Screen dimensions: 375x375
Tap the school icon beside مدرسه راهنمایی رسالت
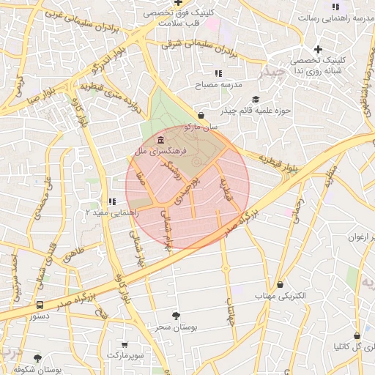[x=335, y=7]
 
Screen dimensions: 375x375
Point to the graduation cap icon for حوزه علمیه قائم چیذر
[x=256, y=100]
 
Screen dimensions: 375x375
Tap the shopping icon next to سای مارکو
[x=201, y=115]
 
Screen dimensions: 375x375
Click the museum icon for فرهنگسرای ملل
[x=160, y=140]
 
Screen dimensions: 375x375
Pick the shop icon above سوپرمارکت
[x=124, y=344]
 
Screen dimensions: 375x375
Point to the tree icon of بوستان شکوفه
[x=37, y=359]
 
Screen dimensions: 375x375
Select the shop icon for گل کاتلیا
[x=357, y=335]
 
